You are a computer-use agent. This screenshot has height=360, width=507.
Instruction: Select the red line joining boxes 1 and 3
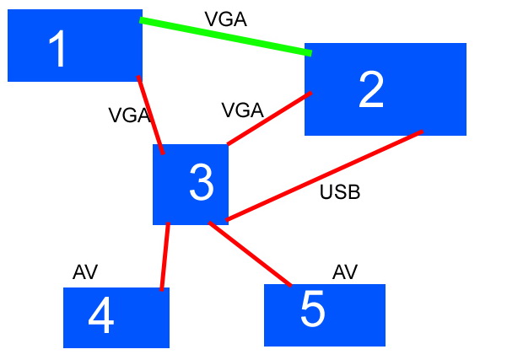[150, 113]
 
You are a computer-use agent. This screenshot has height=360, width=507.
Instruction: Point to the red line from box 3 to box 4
[165, 256]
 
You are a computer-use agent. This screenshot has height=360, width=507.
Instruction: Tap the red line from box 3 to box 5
[250, 255]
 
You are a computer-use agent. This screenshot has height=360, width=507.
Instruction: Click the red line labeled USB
[325, 175]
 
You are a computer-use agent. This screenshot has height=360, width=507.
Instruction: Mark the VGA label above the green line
[225, 19]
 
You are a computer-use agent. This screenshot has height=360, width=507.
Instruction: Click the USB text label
[340, 192]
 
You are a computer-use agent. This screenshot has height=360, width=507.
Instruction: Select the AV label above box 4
[85, 271]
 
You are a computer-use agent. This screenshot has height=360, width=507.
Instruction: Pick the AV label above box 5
[345, 271]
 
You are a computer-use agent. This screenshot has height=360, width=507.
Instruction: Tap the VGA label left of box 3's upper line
[129, 116]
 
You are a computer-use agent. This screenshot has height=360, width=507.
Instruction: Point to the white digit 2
[371, 89]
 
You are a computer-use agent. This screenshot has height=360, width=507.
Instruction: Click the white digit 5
[312, 309]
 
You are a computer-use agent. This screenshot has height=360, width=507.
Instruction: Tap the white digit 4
[101, 318]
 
